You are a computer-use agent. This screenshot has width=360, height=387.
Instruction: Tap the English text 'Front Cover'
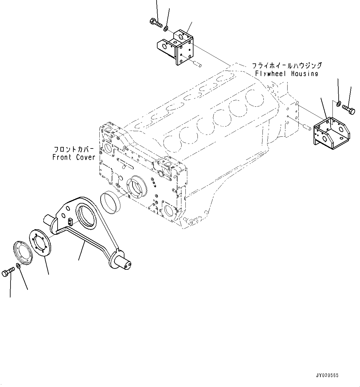(x=74, y=157)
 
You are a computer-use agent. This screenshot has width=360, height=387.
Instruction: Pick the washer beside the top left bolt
(x=166, y=29)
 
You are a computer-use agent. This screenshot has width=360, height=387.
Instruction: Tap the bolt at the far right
(x=349, y=110)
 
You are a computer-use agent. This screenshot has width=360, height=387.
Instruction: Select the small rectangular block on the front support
(x=70, y=221)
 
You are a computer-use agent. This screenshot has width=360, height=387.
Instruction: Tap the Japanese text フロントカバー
(x=74, y=149)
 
